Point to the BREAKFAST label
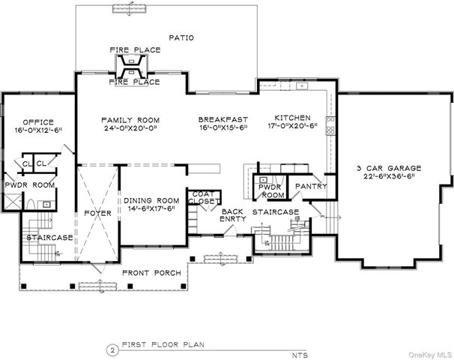coord(223,119)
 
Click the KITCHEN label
coord(292,118)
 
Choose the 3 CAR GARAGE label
coord(390,168)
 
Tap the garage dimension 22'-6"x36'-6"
coord(390,177)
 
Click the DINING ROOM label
coord(151,200)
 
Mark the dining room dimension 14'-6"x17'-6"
coord(151,209)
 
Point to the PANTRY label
coord(310,186)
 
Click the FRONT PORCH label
coord(152,273)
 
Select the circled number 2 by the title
coord(112,349)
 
